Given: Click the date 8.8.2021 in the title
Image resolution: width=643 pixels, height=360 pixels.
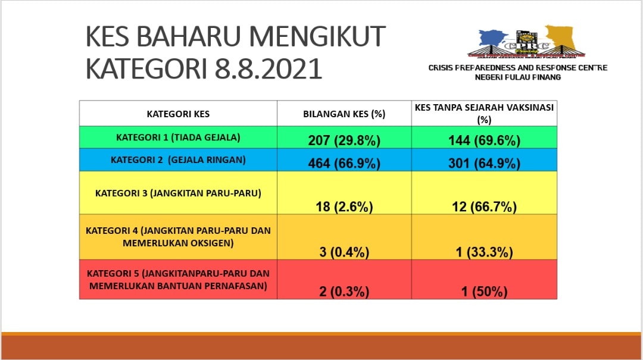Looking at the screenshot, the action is tap(268, 68).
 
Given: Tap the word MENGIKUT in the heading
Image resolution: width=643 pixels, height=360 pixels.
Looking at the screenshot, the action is tap(317, 36).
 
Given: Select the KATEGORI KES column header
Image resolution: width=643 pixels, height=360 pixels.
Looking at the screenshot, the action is tap(178, 114).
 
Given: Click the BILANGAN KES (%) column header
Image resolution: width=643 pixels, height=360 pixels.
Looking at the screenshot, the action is tap(344, 114).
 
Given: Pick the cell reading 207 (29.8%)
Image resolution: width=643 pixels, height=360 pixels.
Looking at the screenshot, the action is tap(344, 140).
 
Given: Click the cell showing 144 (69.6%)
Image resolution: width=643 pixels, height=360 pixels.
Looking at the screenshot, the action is tap(484, 140).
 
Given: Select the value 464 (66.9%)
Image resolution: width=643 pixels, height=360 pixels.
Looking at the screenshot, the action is tap(344, 163).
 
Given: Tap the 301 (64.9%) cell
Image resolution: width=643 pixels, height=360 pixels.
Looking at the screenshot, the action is tap(484, 163).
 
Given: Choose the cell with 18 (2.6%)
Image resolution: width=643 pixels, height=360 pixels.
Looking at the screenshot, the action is tap(344, 206).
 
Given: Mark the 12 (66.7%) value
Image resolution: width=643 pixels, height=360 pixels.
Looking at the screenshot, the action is tap(484, 206).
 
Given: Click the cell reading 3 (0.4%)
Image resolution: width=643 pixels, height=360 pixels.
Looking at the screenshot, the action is tap(344, 252).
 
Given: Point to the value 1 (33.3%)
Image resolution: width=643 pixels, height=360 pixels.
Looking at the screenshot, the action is tap(484, 252).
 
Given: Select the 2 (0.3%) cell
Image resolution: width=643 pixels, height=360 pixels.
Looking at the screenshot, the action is tap(344, 292).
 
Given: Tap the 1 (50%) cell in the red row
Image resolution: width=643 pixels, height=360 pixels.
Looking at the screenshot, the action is tap(484, 292).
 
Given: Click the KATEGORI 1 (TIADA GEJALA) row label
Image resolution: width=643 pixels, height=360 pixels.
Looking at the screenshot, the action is tap(178, 137).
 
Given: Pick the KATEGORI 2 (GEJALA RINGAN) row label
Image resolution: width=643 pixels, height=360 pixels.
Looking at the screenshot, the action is tap(178, 160).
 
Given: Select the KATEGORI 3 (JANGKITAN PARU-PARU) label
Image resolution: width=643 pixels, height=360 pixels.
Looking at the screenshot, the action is tap(178, 193).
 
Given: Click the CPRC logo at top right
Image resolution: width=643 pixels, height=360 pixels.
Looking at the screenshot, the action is tap(526, 42).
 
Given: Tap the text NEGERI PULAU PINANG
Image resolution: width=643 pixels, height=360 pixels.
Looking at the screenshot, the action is tap(517, 77).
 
